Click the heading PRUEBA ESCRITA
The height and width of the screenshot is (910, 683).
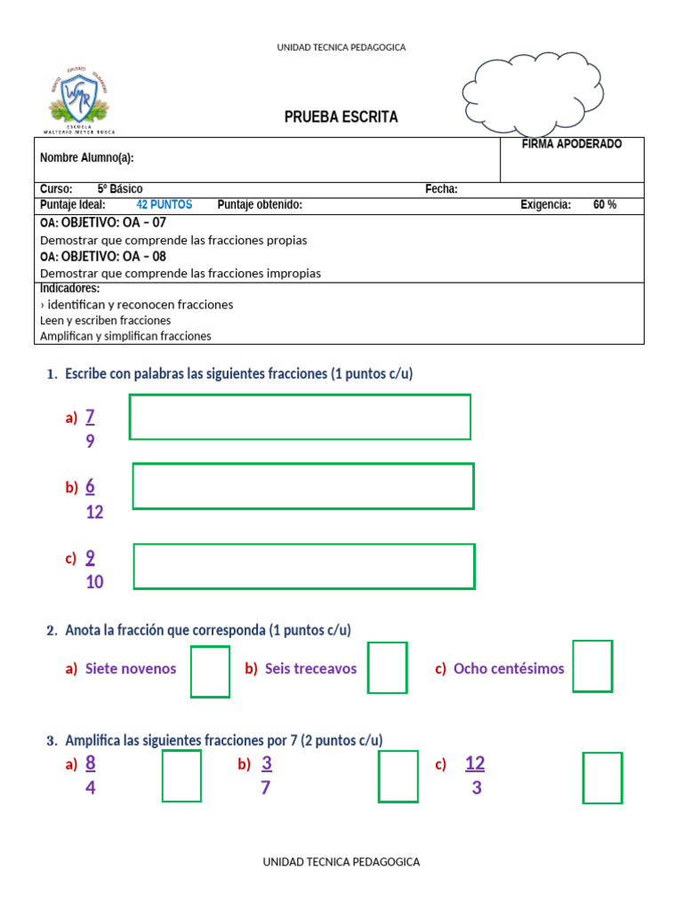341,117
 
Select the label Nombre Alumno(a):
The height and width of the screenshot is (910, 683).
87,158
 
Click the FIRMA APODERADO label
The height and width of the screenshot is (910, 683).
572,144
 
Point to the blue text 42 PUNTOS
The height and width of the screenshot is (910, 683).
164,205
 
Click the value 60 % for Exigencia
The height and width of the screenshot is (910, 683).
605,205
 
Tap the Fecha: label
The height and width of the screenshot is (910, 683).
441,189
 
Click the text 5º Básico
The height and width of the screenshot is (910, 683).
120,189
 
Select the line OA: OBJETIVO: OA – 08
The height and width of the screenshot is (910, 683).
103,257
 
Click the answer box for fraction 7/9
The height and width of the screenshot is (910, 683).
300,417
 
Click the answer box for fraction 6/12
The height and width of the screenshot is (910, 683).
302,486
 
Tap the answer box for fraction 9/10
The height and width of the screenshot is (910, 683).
303,566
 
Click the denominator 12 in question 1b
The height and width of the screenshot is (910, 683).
94,513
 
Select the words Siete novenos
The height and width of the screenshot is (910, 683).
131,669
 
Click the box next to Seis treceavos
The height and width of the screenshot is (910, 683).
388,668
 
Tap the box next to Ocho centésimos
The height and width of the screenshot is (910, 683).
592,667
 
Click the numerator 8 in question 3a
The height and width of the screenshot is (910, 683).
91,763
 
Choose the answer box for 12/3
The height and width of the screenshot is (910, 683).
602,778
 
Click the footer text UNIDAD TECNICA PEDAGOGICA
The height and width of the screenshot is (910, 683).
341,862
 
